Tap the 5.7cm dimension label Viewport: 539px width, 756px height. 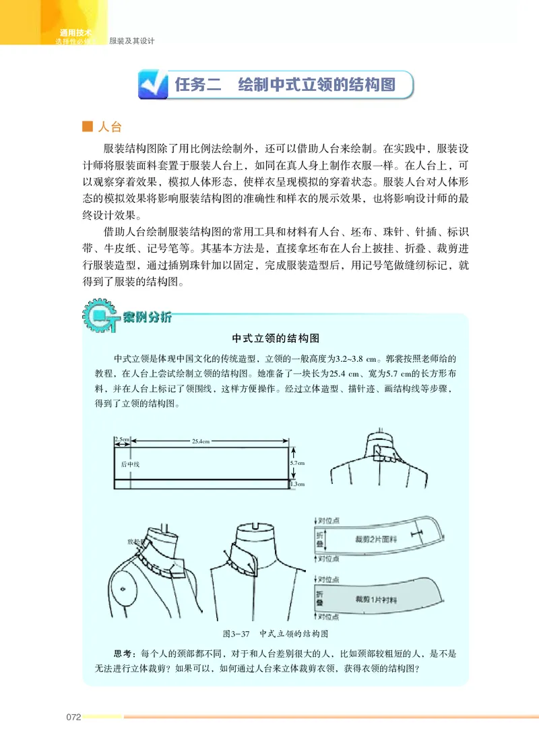(297, 463)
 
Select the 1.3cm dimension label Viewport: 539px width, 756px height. (297, 483)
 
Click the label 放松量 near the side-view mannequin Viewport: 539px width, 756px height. (136, 541)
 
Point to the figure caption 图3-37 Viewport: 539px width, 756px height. (236, 634)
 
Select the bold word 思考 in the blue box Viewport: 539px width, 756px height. (123, 654)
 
